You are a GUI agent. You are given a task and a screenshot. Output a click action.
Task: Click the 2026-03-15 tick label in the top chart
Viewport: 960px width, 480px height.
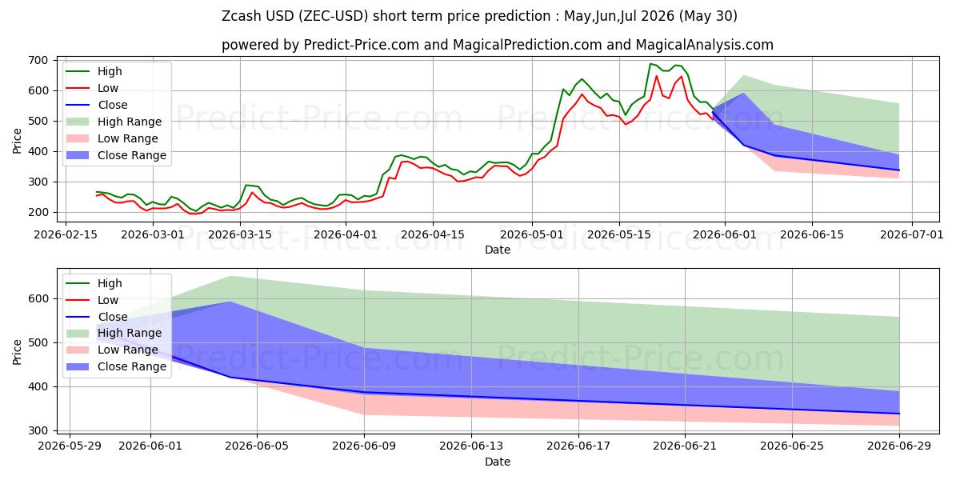tap(240, 235)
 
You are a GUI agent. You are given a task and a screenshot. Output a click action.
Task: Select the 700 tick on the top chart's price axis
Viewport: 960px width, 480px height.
tap(38, 61)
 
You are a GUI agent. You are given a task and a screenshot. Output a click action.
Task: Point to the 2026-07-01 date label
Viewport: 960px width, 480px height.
tap(911, 235)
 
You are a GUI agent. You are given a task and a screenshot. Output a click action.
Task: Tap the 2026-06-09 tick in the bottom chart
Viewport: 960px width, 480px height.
tap(364, 446)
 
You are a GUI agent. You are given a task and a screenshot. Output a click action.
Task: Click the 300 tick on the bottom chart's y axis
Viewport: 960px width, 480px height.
tap(38, 430)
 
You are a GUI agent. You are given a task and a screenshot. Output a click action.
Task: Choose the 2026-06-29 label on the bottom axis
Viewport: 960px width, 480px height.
tap(899, 446)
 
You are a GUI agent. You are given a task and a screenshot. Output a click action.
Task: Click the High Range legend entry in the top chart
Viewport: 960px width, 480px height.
tap(114, 122)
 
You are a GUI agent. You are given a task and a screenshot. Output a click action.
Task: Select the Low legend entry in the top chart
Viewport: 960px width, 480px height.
tap(92, 88)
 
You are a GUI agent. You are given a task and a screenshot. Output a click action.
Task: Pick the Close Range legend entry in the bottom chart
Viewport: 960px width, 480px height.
tap(116, 367)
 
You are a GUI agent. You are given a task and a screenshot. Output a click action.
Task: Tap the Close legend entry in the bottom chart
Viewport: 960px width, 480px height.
tap(97, 317)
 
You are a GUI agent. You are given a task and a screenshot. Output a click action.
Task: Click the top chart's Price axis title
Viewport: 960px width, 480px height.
tap(17, 141)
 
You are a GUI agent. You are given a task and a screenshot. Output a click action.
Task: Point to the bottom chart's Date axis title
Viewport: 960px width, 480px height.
tap(497, 462)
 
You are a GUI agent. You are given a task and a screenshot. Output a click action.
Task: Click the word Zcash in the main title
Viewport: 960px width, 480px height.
tap(242, 16)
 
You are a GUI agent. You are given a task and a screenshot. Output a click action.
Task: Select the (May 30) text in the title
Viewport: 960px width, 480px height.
tap(708, 16)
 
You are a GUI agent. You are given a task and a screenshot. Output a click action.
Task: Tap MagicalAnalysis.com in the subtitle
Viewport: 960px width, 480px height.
tap(704, 45)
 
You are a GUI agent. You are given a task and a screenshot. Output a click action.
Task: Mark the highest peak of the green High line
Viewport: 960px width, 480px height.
tap(650, 64)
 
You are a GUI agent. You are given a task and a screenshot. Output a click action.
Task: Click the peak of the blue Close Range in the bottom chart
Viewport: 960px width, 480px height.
tap(230, 302)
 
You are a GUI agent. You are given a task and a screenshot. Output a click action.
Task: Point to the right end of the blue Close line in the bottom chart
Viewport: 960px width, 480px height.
tap(899, 414)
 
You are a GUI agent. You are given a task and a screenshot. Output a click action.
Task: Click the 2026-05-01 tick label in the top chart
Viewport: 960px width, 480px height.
tap(532, 235)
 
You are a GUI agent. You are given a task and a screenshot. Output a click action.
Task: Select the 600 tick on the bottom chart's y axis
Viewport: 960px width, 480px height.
tap(38, 298)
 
